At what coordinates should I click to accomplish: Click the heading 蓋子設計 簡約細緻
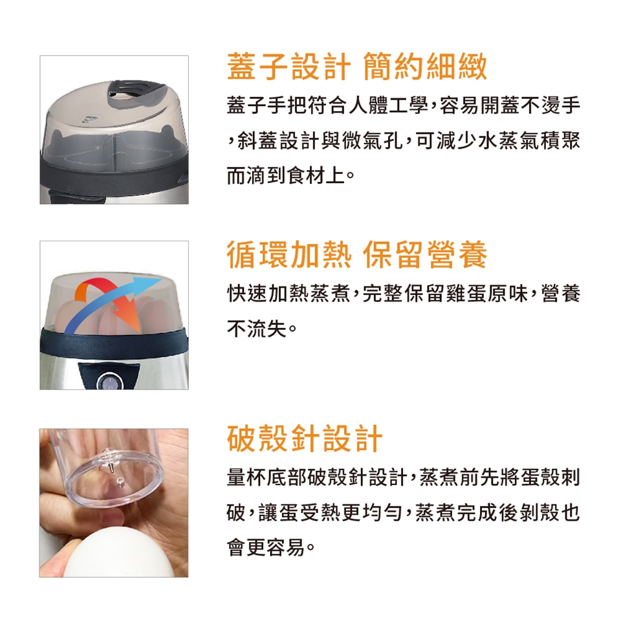tap(357, 67)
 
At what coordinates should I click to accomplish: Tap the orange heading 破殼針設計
tap(305, 439)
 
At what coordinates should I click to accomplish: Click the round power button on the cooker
tap(109, 382)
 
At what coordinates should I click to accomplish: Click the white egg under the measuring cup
tap(119, 555)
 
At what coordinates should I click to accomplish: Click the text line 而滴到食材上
tap(286, 175)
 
